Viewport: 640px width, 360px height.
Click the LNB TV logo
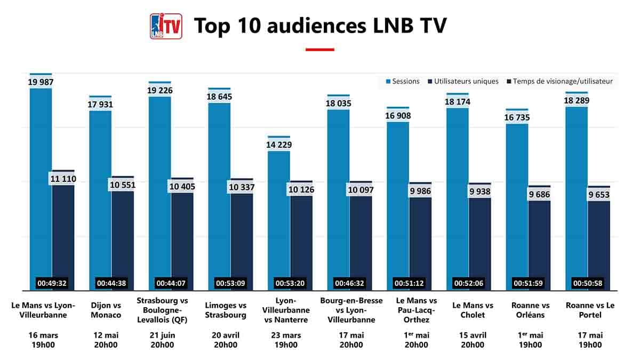pos(166,26)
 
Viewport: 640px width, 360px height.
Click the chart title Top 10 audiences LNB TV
pos(319,26)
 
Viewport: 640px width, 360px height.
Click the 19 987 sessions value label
pos(41,82)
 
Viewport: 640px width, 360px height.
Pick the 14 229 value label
pos(279,145)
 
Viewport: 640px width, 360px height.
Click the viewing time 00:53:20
pos(290,283)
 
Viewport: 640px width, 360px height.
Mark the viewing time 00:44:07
pos(171,283)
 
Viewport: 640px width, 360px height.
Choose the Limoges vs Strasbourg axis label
pos(226,310)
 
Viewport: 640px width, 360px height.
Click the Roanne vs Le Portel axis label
pos(584,310)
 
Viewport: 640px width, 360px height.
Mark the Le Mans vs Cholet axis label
pos(473,310)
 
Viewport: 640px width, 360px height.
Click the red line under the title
pos(319,50)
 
